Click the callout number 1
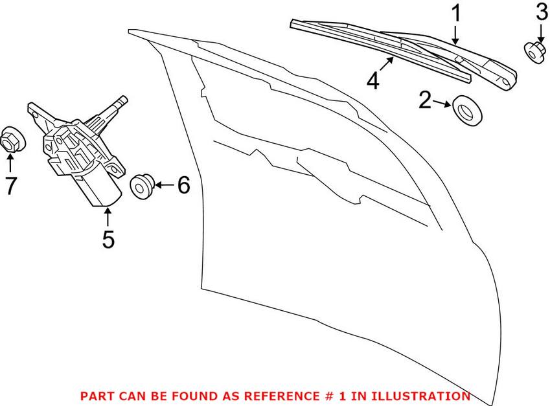coord(456,13)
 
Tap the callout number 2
coord(426,100)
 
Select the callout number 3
coord(541,12)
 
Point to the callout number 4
coord(372,82)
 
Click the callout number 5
coord(108,238)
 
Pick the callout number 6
coord(183,186)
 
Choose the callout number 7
coord(10,186)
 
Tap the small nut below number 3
coord(534,52)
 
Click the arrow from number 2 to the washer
coord(443,103)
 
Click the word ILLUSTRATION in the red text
coord(422,396)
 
